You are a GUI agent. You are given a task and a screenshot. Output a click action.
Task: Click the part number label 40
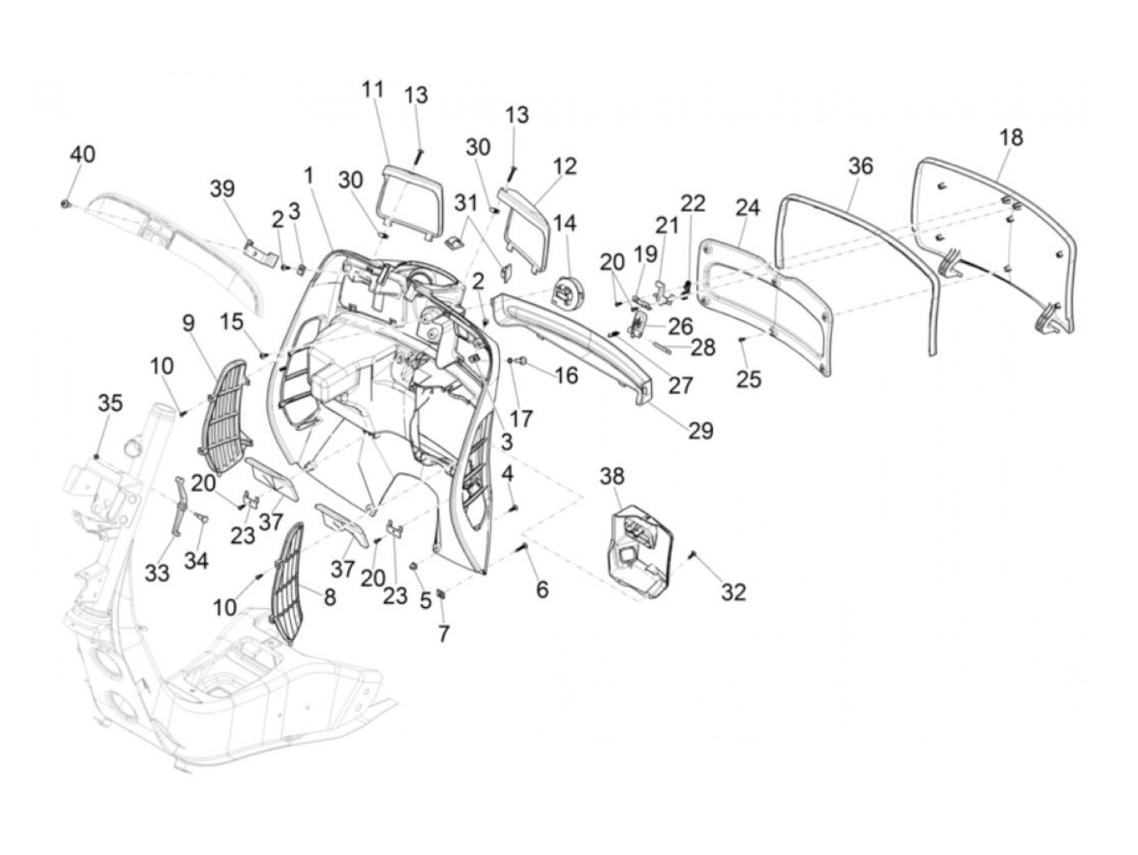coord(83,154)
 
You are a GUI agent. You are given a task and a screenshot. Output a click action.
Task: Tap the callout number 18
coord(1010,137)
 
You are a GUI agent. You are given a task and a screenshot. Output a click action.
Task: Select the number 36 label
coord(861,166)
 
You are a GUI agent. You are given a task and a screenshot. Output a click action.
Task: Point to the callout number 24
coord(748,208)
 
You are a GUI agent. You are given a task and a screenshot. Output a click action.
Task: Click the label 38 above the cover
coord(612,475)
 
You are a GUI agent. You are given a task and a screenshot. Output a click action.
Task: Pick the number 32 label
coord(733,592)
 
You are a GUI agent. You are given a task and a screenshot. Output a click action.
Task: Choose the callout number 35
coord(111,402)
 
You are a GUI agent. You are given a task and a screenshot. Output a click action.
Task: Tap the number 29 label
coord(701,431)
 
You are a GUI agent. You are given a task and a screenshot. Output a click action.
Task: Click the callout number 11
coord(372,89)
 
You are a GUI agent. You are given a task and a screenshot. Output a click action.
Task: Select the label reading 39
coord(223,189)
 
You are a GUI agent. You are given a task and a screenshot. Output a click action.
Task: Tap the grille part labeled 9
coord(225,416)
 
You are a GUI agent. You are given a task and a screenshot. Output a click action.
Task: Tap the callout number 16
coord(567,375)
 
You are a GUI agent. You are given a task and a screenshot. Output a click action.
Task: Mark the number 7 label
coord(443,633)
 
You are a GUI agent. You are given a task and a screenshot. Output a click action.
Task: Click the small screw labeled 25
coord(742,340)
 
